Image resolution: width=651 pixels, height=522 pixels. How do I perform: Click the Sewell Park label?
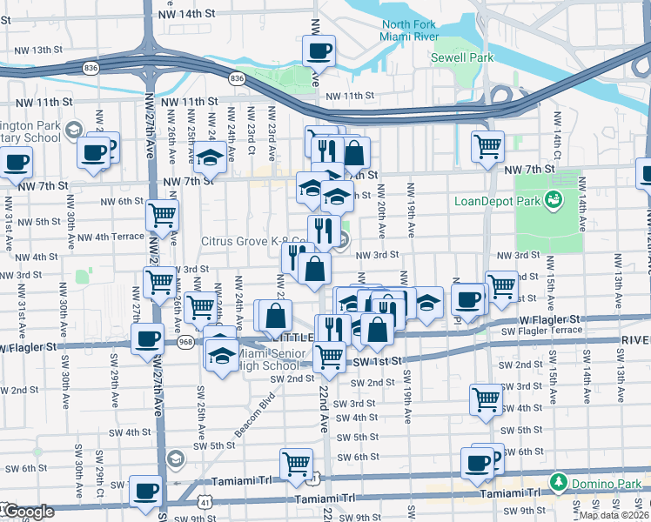pyautogui.click(x=461, y=57)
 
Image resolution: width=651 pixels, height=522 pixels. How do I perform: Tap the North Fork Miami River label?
pyautogui.click(x=408, y=30)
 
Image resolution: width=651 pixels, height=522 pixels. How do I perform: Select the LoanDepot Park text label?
pyautogui.click(x=497, y=201)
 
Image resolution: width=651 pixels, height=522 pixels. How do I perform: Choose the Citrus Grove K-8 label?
pyautogui.click(x=252, y=241)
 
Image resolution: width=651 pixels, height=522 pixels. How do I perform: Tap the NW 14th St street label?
pyautogui.click(x=186, y=15)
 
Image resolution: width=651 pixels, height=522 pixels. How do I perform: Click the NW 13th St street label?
pyautogui.click(x=55, y=50)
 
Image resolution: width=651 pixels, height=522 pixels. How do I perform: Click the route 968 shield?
pyautogui.click(x=185, y=343)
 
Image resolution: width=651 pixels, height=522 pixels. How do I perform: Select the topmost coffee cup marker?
pyautogui.click(x=319, y=50)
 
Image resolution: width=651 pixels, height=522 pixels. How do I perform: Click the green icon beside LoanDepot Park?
pyautogui.click(x=553, y=201)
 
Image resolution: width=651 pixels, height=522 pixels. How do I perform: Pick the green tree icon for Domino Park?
pyautogui.click(x=557, y=482)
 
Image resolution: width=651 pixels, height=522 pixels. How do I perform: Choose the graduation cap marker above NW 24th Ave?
pyautogui.click(x=209, y=157)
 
